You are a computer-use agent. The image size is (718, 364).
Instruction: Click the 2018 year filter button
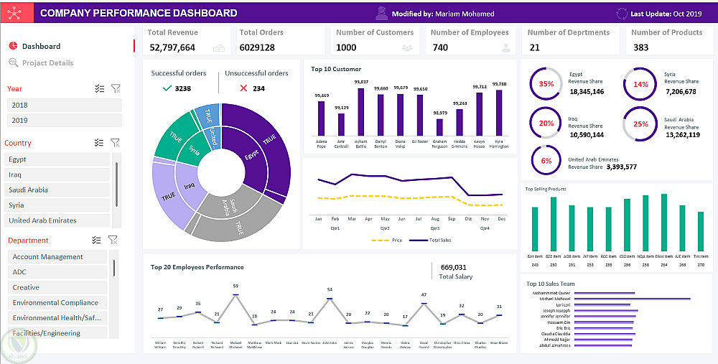(64, 105)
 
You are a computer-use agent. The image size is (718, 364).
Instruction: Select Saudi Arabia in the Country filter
(57, 190)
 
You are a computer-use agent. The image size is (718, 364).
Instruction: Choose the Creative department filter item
(57, 287)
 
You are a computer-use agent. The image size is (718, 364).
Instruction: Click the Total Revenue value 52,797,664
(172, 48)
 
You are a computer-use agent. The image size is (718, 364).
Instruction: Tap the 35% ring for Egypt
(546, 84)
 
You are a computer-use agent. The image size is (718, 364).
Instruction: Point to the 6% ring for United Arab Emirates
(546, 161)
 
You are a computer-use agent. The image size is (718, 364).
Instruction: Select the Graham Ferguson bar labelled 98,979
(440, 127)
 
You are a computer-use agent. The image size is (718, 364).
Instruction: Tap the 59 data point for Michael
(235, 294)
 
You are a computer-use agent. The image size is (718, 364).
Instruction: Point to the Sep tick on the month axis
(451, 218)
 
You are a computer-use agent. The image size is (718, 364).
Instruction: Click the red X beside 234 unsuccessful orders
(244, 88)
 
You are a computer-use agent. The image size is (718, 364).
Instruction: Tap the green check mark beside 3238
(167, 88)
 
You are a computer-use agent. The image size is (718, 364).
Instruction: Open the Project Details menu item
(47, 63)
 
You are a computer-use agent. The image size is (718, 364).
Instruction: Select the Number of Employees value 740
(440, 48)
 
